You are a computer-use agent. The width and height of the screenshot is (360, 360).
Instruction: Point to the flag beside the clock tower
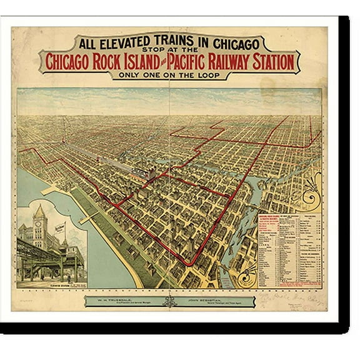61,228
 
